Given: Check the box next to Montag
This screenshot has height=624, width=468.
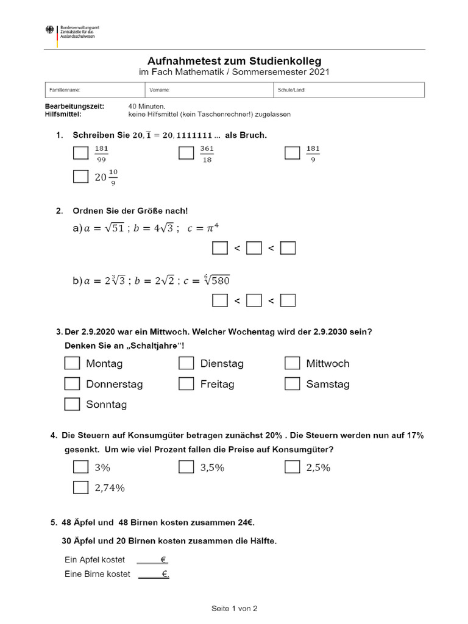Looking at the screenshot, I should click(x=72, y=363).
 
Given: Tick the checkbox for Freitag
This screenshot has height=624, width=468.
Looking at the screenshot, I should click(x=186, y=384).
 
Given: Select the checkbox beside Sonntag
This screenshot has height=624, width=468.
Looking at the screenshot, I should click(x=72, y=404).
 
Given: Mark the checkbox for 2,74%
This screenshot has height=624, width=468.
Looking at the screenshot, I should click(x=80, y=487).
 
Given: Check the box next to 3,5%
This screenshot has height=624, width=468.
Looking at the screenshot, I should click(x=186, y=467).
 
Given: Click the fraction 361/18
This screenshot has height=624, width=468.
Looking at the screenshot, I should click(x=207, y=154).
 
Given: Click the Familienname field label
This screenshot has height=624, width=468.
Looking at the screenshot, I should click(x=65, y=90).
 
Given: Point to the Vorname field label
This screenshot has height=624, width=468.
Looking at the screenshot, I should click(x=160, y=90).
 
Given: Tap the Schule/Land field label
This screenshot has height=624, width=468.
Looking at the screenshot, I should click(x=291, y=90).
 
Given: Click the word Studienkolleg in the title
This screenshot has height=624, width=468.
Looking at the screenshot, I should click(x=286, y=61).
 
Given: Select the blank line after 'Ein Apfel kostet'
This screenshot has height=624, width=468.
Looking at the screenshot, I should click(x=152, y=559).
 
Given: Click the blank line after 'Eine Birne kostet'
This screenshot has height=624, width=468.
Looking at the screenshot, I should click(x=153, y=574).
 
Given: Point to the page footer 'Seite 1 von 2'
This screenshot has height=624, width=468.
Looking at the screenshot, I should click(x=235, y=608).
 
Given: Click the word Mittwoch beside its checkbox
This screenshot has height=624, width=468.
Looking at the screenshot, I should click(x=328, y=364).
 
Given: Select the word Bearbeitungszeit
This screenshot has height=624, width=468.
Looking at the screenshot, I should click(x=74, y=106).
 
